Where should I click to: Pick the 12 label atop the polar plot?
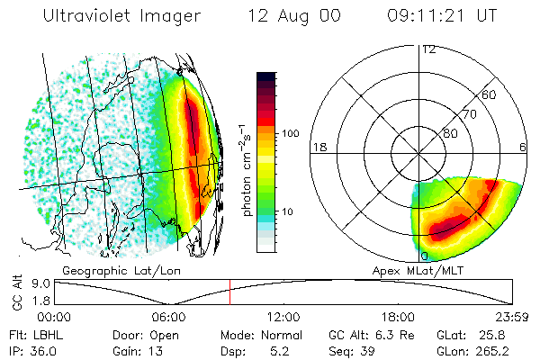[x=428, y=49]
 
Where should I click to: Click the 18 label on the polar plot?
[x=318, y=147]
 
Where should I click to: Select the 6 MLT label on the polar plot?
[x=523, y=147]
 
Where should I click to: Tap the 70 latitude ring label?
[x=469, y=114]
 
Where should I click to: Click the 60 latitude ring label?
[x=489, y=94]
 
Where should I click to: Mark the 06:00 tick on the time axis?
[x=168, y=317]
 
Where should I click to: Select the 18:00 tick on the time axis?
[x=399, y=317]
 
